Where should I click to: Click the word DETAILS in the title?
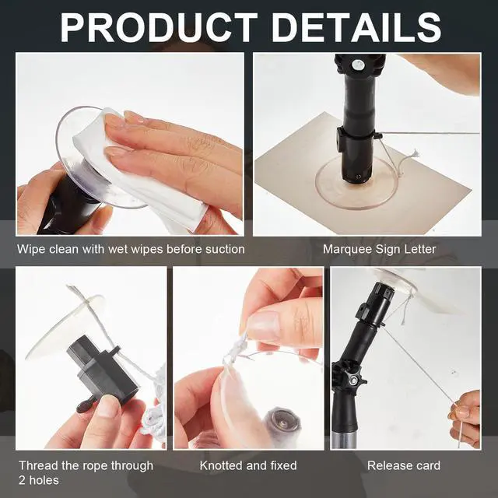356,27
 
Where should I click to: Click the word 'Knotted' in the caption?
221,465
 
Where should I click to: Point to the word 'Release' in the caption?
387,465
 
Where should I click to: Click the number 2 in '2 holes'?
22,480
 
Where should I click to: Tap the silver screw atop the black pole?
357,65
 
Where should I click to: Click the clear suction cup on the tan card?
356,184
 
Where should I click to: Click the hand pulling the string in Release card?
466,419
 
